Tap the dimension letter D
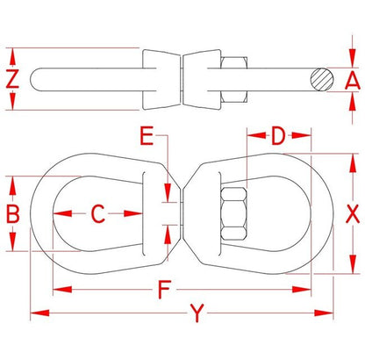tap(277, 136)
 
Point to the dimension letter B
tap(12, 212)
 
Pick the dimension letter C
tap(98, 212)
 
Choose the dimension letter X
tap(352, 212)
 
